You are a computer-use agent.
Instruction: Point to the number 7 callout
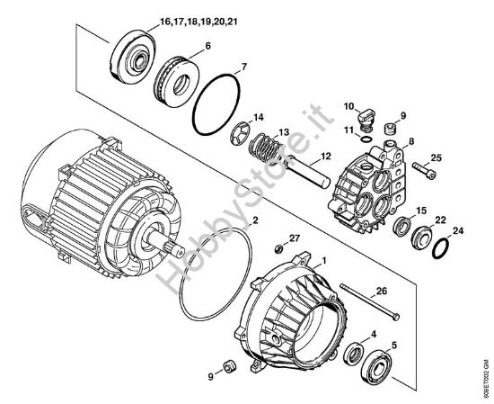click(243, 67)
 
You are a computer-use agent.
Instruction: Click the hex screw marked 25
click(423, 167)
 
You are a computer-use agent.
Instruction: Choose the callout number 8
click(410, 142)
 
